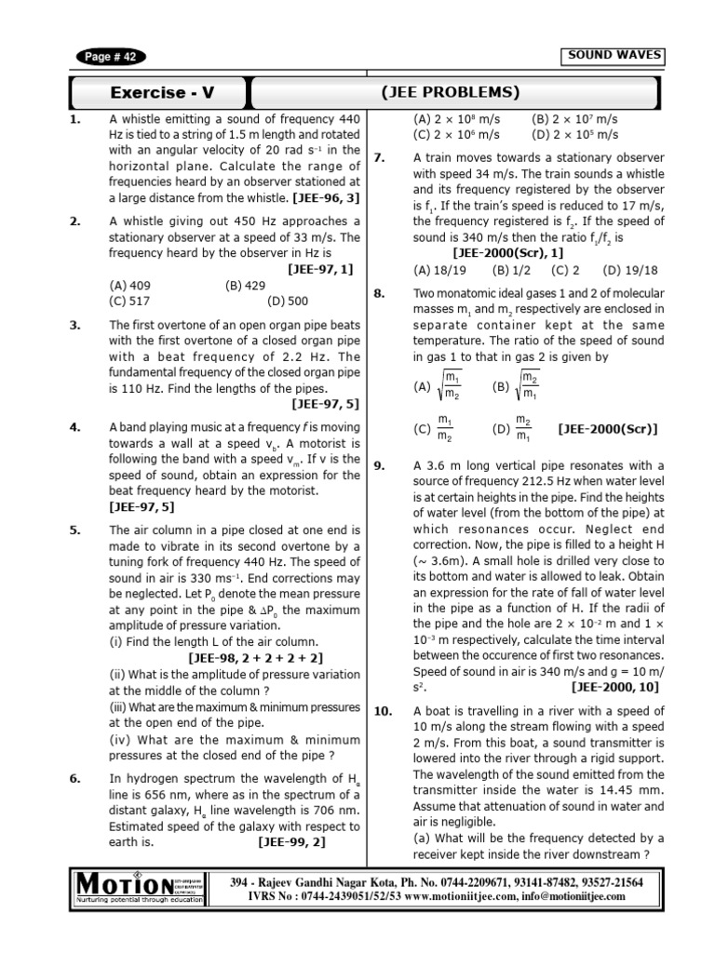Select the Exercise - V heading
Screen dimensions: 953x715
tap(162, 92)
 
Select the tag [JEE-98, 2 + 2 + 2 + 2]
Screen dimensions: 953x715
tap(262, 656)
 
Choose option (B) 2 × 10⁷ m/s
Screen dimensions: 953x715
tap(574, 119)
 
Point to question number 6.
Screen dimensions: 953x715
tap(75, 779)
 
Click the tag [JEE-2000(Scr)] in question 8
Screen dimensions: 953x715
tap(607, 428)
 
